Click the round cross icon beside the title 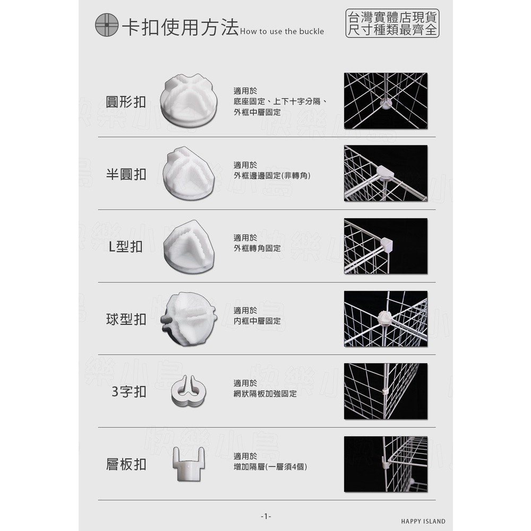coord(107,25)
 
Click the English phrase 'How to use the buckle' coord(282,31)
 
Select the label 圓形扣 coord(126,102)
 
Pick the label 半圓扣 coord(126,174)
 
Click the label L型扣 coord(126,247)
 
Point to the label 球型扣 coord(126,319)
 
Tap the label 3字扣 coord(129,392)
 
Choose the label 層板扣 coord(126,464)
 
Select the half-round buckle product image coord(189,174)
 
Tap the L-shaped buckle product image coord(189,246)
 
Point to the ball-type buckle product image coord(189,319)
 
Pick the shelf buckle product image coord(189,464)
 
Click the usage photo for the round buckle coord(386,101)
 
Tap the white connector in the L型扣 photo coord(387,244)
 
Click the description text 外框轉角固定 coord(257,248)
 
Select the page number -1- coord(266,516)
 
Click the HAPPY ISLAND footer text coord(423,521)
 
